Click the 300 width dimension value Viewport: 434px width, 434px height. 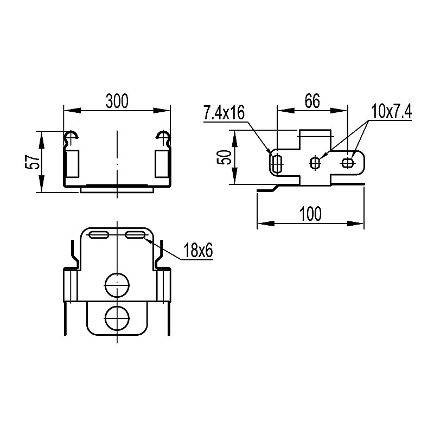point(117,101)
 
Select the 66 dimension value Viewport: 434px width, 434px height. point(312,101)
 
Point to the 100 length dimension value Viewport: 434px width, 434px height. point(310,214)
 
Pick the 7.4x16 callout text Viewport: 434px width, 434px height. point(224,113)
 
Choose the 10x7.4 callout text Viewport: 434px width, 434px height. point(391,112)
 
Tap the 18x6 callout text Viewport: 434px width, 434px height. point(198,251)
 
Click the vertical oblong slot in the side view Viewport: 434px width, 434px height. point(277,163)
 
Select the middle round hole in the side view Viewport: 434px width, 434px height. point(315,163)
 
